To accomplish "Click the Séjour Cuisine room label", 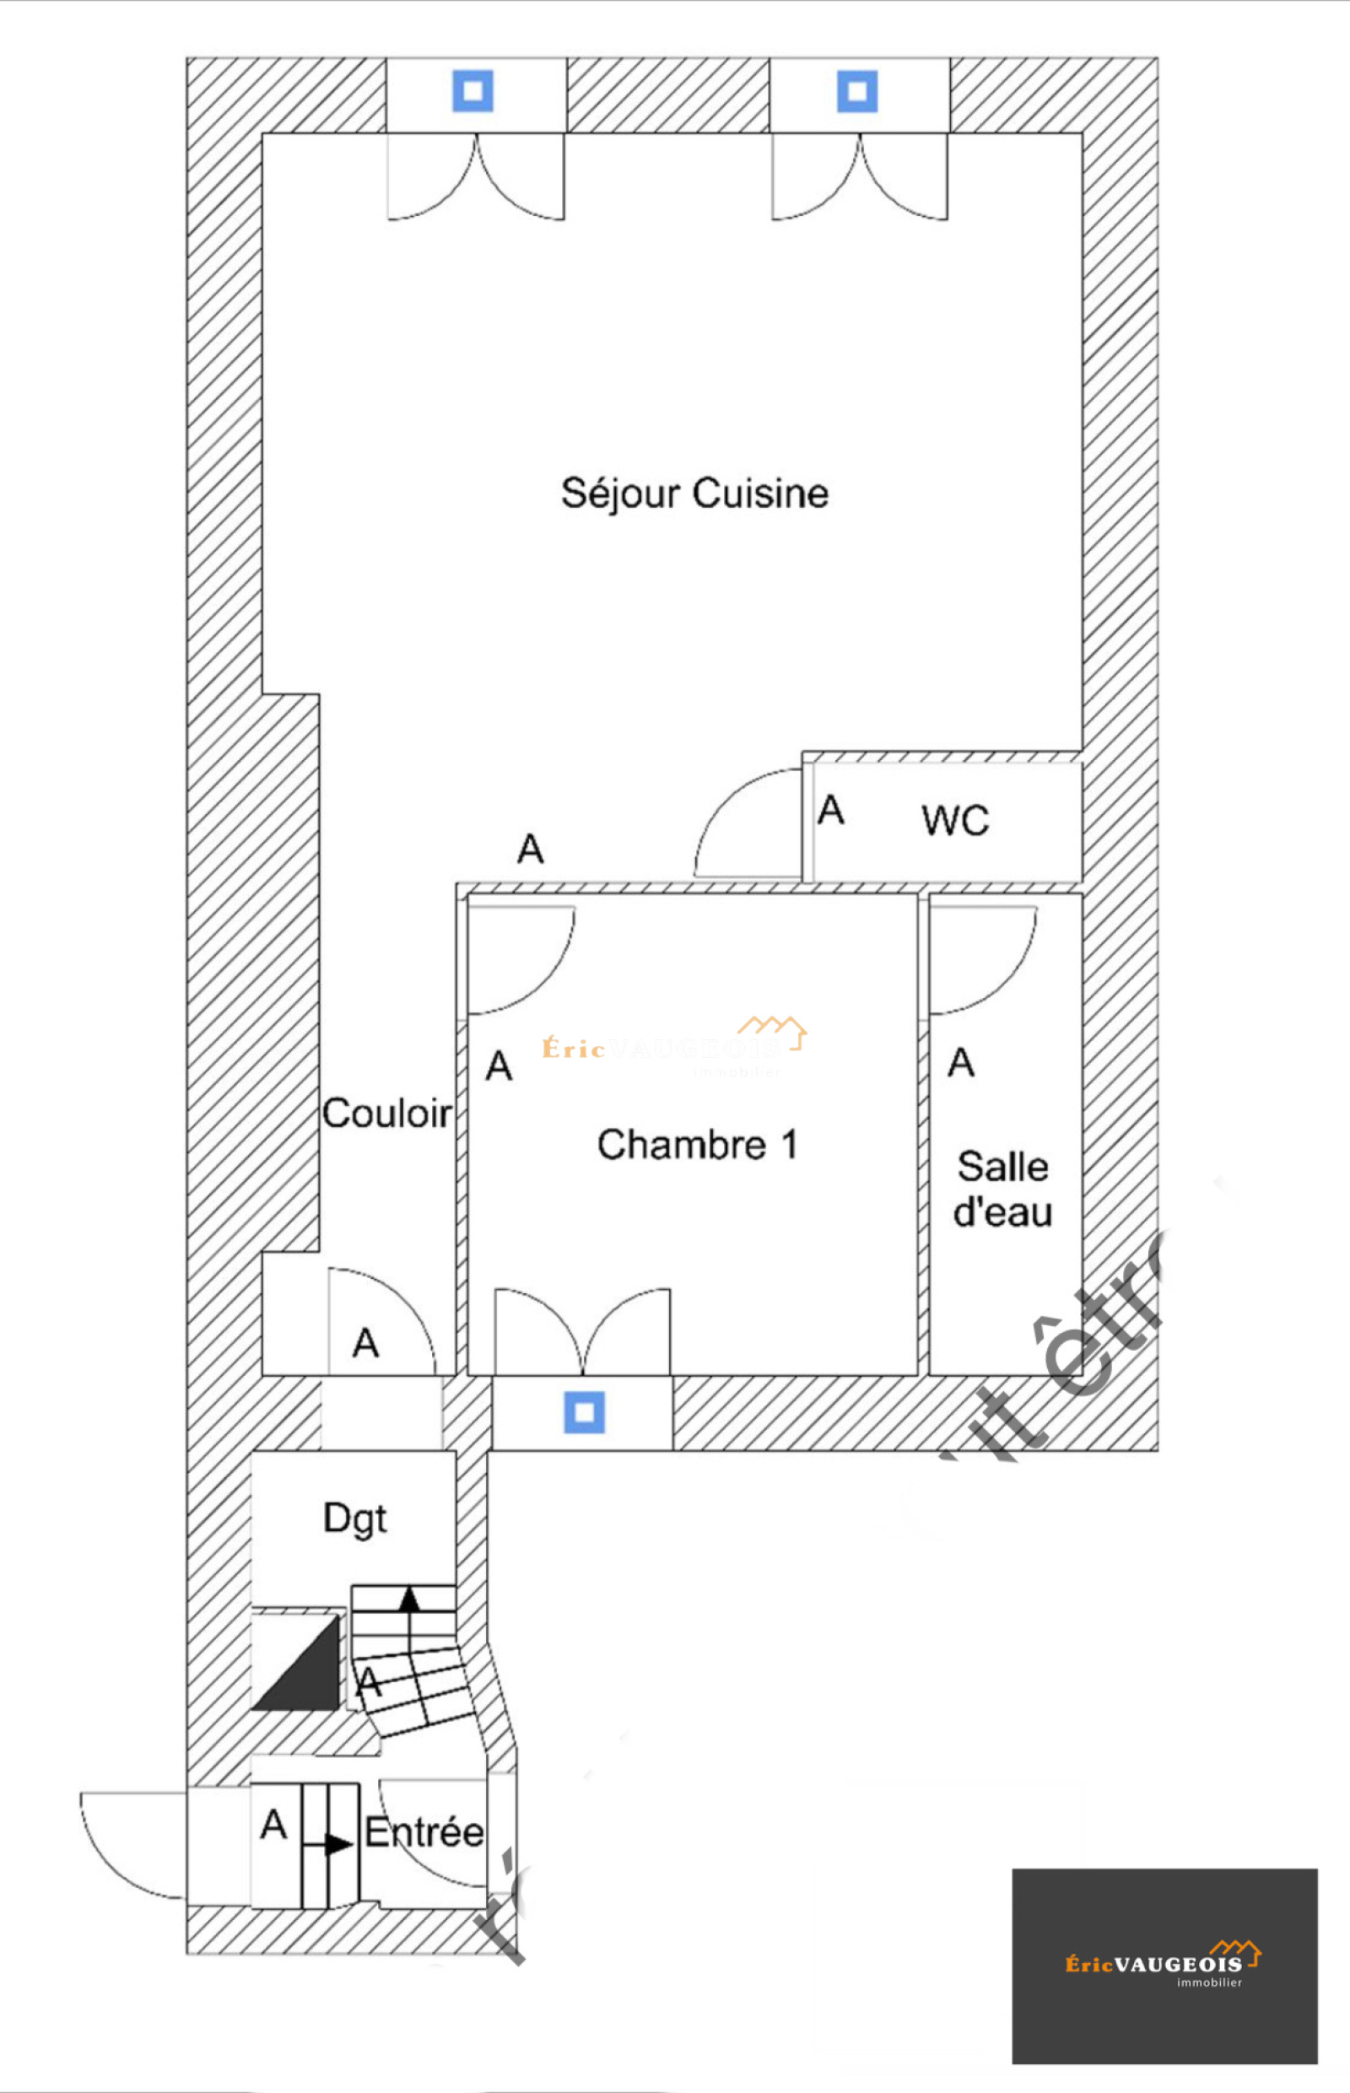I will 694,494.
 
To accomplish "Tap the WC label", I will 954,821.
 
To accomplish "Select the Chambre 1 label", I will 698,1145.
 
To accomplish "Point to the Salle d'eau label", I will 1003,1190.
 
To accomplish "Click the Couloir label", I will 386,1114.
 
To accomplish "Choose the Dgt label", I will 354,1518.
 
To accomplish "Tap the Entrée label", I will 424,1832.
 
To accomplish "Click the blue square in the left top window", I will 472,91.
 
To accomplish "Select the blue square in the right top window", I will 856,91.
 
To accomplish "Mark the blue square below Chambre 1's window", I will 584,1413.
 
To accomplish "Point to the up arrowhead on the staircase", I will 409,1599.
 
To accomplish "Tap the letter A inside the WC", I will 830,811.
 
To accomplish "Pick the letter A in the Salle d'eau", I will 961,1063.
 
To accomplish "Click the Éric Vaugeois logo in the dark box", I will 1164,1962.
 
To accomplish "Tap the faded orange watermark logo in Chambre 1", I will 673,1044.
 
